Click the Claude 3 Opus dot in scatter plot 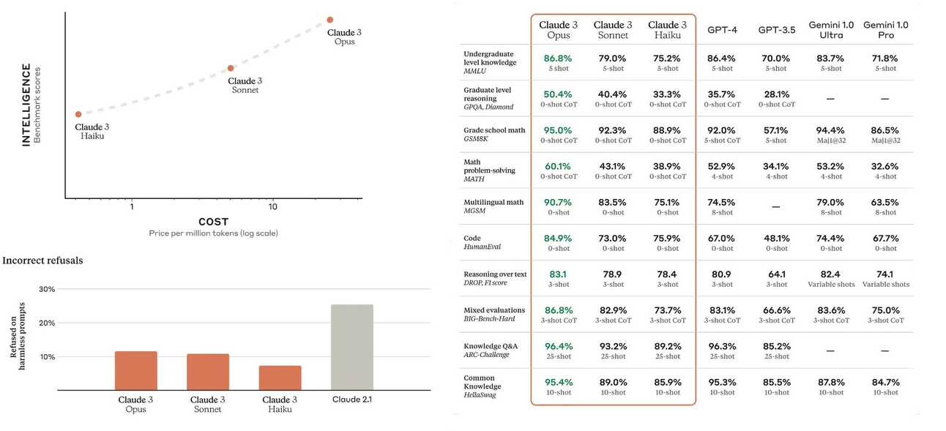[329, 20]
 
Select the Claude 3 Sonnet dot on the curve [231, 68]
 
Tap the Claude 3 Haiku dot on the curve [78, 114]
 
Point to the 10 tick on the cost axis [272, 207]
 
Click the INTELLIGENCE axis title [26, 105]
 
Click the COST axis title [213, 222]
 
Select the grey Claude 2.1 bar [351, 347]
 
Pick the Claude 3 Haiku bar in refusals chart [280, 378]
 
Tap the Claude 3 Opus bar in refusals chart [135, 370]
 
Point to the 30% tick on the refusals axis [46, 289]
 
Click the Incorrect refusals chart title [42, 261]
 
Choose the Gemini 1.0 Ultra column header [831, 30]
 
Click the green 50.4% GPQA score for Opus [558, 94]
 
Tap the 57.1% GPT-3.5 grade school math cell [776, 130]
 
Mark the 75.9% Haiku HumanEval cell [667, 239]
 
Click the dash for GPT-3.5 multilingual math [775, 207]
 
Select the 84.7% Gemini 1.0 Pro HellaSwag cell [885, 383]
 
